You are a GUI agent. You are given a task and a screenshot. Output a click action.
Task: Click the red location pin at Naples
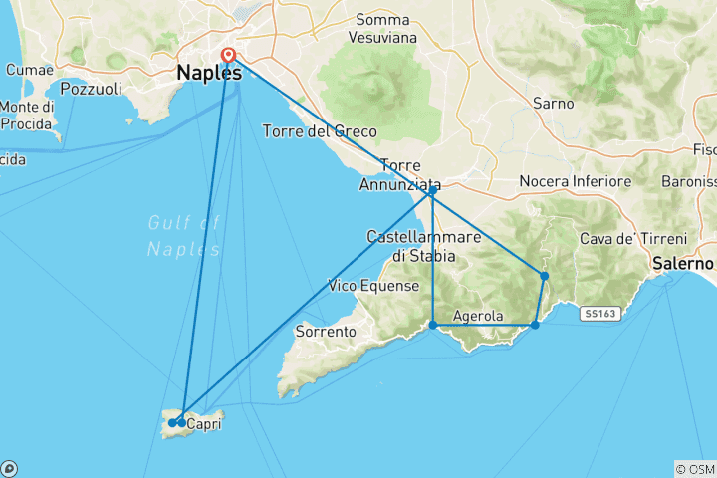(229, 55)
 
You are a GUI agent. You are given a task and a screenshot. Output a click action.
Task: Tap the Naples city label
(208, 73)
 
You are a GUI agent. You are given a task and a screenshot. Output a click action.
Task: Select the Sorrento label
(325, 331)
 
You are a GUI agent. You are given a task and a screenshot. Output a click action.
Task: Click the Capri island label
(204, 423)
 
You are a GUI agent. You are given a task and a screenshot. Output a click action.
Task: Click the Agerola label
(478, 317)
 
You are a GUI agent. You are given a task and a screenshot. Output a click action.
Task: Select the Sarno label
(553, 103)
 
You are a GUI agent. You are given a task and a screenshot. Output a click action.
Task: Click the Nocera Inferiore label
(576, 181)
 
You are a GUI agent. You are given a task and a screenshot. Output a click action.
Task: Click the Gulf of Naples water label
(183, 236)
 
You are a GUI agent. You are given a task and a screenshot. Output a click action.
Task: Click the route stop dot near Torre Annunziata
(432, 191)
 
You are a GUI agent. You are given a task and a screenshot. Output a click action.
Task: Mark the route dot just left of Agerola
(433, 325)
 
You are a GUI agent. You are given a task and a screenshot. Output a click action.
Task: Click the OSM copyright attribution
(694, 468)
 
